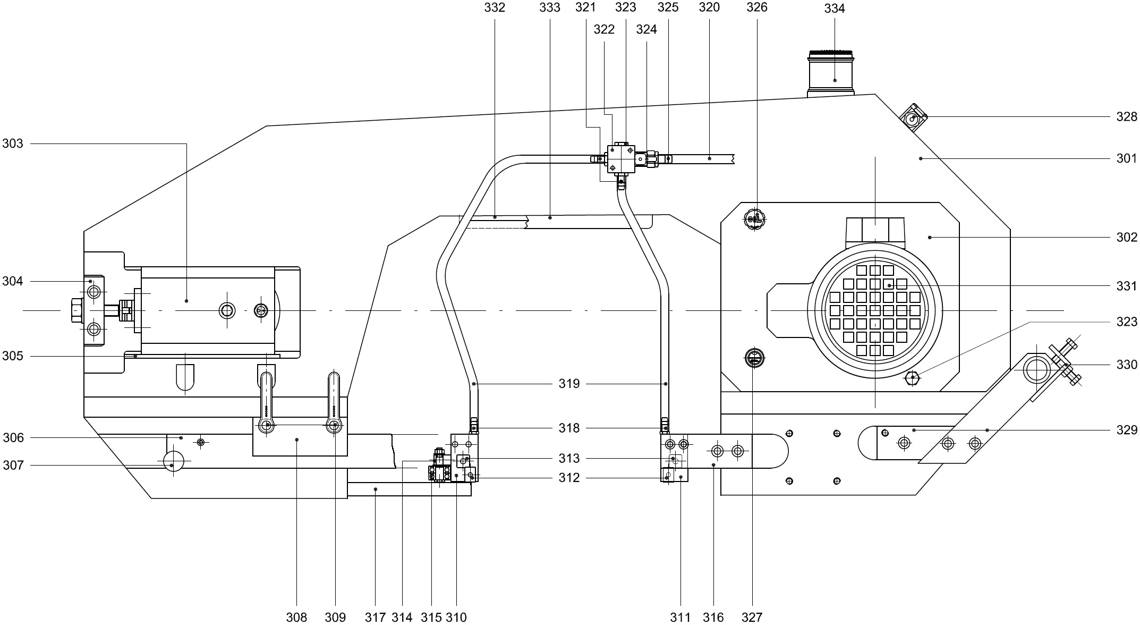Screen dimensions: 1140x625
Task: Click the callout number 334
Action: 835,9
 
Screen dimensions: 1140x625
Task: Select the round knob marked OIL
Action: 754,219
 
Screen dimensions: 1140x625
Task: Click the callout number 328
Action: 1126,117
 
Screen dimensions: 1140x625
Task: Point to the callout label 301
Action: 1126,158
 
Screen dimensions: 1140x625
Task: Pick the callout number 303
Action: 13,143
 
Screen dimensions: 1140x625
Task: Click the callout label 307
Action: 13,466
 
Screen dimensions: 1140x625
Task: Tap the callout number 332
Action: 495,7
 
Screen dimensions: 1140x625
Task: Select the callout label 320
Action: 709,7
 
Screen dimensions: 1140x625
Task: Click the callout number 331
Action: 1126,286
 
